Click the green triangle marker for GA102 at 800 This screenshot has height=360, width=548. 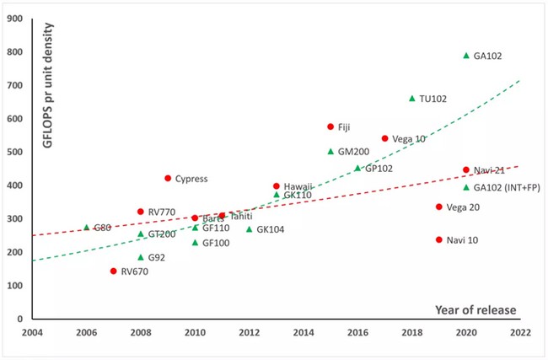pyautogui.click(x=466, y=56)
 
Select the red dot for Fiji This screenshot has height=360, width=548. pyautogui.click(x=330, y=126)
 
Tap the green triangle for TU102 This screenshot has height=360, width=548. pyautogui.click(x=412, y=98)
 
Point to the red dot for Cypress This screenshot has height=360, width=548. pyautogui.click(x=168, y=178)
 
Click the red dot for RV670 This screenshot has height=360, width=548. pyautogui.click(x=113, y=271)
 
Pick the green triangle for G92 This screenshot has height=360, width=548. pyautogui.click(x=141, y=257)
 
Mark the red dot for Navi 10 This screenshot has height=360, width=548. pyautogui.click(x=439, y=239)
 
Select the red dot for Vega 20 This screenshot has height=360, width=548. pyautogui.click(x=439, y=207)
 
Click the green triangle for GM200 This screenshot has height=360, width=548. pyautogui.click(x=330, y=152)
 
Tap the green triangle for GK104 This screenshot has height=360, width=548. pyautogui.click(x=250, y=229)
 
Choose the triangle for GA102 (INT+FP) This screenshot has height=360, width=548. pyautogui.click(x=466, y=187)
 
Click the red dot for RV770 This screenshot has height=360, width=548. pyautogui.click(x=141, y=212)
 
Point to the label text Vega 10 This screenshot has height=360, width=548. pyautogui.click(x=409, y=139)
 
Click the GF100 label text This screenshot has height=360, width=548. pyautogui.click(x=216, y=243)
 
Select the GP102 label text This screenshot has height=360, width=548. pyautogui.click(x=379, y=169)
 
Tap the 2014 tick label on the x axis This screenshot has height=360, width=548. pyautogui.click(x=304, y=332)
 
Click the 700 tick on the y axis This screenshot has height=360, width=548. pyautogui.click(x=14, y=85)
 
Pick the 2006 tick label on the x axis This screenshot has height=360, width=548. pyautogui.click(x=86, y=332)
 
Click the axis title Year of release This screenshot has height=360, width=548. pyautogui.click(x=475, y=310)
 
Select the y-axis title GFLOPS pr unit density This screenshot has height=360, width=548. pyautogui.click(x=47, y=86)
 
